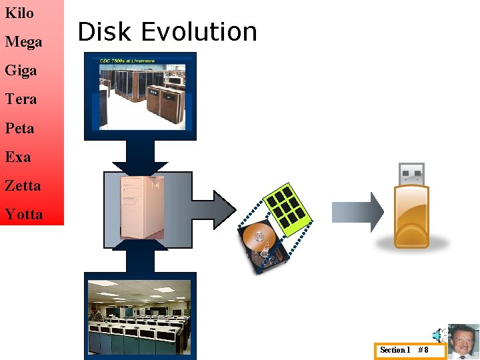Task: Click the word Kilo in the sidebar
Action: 19,13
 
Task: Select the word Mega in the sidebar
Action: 23,42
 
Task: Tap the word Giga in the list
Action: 21,71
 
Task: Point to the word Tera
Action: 21,99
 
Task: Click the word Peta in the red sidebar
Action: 19,128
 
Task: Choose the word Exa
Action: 18,157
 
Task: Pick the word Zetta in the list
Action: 23,186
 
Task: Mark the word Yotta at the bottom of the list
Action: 23,215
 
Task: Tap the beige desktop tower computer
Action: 141,207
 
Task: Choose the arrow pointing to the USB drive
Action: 357,212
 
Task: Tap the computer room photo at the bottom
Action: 140,317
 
